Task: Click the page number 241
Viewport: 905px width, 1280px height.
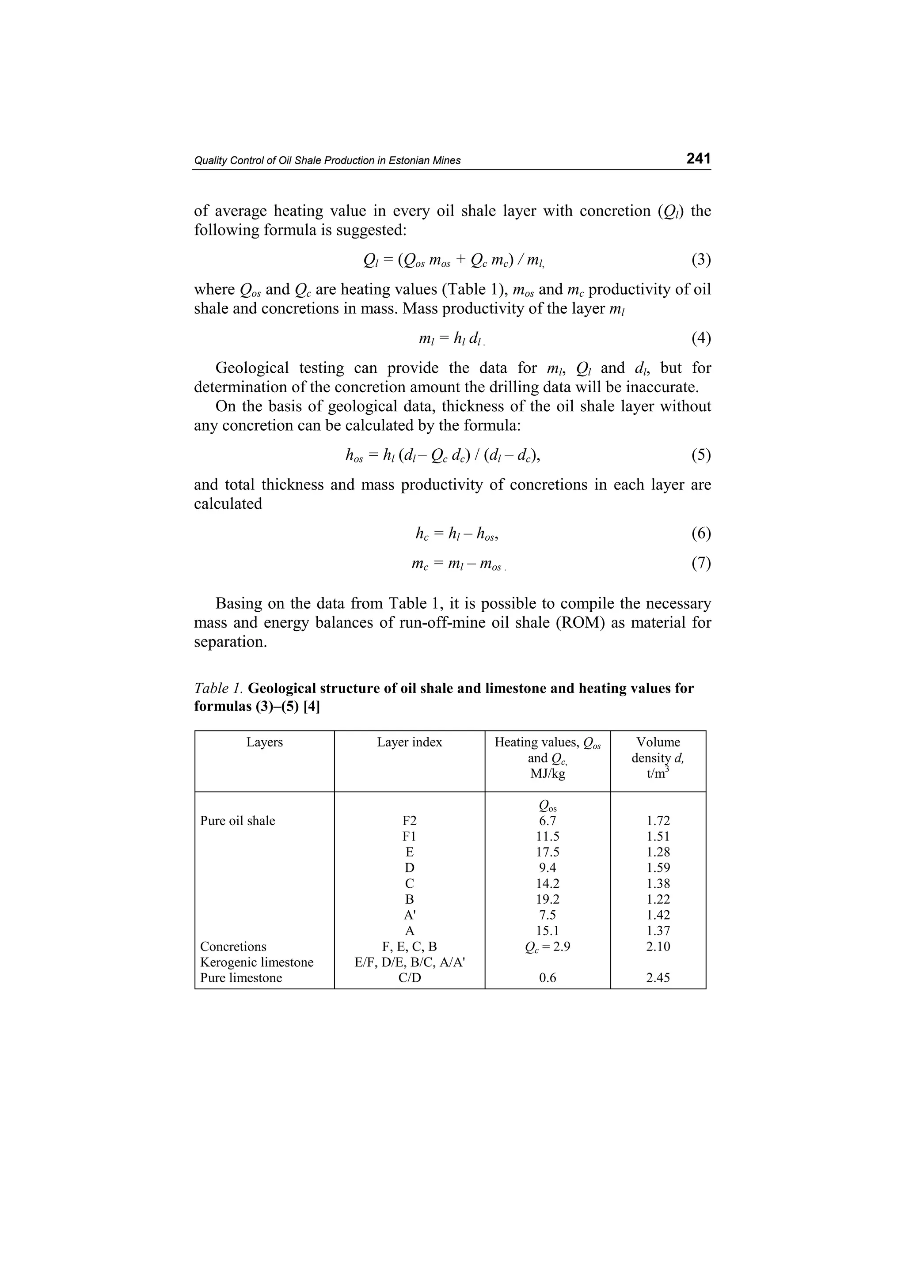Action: tap(698, 159)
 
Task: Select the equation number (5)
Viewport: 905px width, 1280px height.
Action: tap(701, 455)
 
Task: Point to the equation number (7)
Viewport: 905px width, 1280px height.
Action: tap(701, 563)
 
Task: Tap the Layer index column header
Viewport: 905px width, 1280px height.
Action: tap(409, 742)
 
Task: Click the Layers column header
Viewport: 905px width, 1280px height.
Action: tap(264, 742)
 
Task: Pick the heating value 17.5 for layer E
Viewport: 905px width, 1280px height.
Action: tap(547, 852)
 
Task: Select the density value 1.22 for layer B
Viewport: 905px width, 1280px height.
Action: tap(658, 899)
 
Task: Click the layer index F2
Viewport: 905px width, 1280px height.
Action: tap(409, 821)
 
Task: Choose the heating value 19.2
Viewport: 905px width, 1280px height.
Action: tap(547, 899)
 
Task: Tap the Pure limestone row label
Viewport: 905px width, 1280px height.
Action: tap(241, 977)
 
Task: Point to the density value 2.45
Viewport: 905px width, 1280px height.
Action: tap(658, 977)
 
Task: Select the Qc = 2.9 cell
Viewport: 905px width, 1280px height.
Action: tap(547, 947)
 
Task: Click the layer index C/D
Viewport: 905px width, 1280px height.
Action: tap(409, 977)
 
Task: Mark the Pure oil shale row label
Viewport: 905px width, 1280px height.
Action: tap(238, 821)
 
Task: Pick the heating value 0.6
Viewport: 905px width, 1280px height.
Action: tap(547, 977)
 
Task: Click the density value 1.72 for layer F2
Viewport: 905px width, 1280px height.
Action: tap(658, 821)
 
